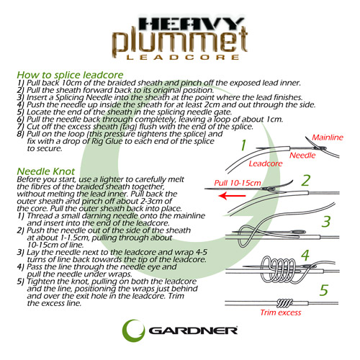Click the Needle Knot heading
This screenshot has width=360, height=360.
(44, 171)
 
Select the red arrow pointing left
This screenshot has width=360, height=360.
(228, 194)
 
